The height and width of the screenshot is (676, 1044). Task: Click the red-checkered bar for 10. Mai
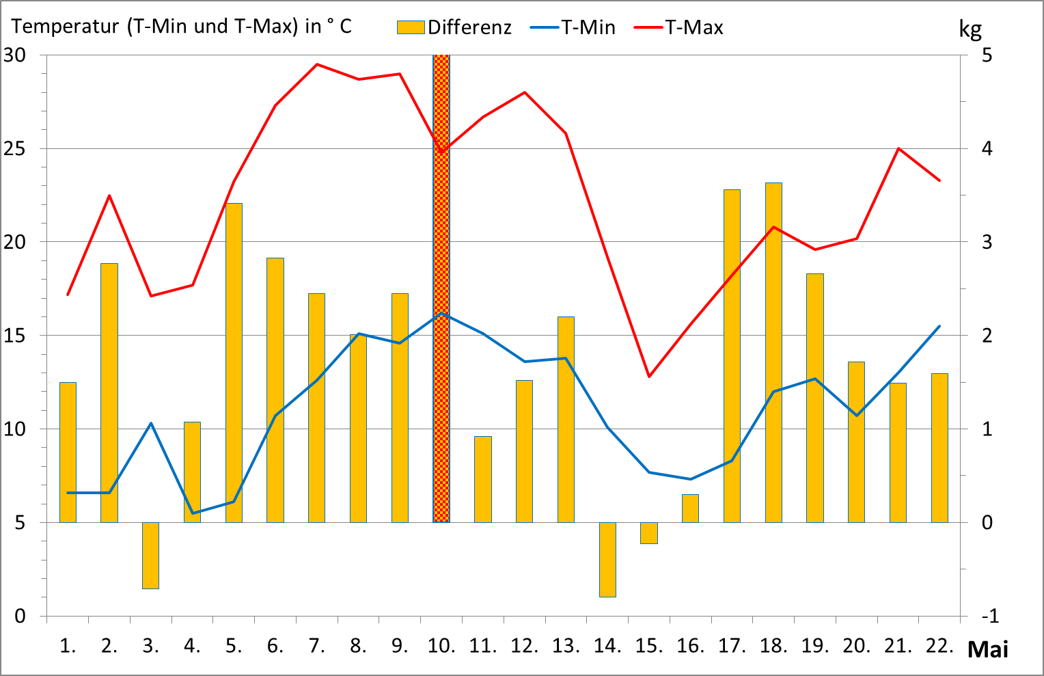(441, 287)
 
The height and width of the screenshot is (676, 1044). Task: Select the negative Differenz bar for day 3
(150, 555)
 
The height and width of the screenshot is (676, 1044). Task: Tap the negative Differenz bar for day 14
(607, 559)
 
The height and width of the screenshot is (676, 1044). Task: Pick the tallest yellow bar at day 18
(773, 352)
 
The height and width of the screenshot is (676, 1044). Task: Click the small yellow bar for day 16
(690, 508)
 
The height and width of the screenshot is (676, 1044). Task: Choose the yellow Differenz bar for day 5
(234, 362)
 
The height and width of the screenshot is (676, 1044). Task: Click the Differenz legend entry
(454, 27)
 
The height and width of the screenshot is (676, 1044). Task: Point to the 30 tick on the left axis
(15, 55)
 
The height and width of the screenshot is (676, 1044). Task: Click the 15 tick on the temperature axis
(15, 336)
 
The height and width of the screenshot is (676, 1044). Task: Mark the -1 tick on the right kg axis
(990, 616)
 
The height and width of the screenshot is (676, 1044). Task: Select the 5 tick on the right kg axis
(987, 55)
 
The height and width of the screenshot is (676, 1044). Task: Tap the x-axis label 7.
(316, 646)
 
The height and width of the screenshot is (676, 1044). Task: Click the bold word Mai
(987, 649)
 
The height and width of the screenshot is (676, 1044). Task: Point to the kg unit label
(970, 29)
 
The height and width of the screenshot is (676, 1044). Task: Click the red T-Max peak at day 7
(317, 64)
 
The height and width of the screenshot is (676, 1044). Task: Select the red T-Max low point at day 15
(649, 377)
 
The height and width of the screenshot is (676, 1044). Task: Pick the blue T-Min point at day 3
(151, 423)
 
